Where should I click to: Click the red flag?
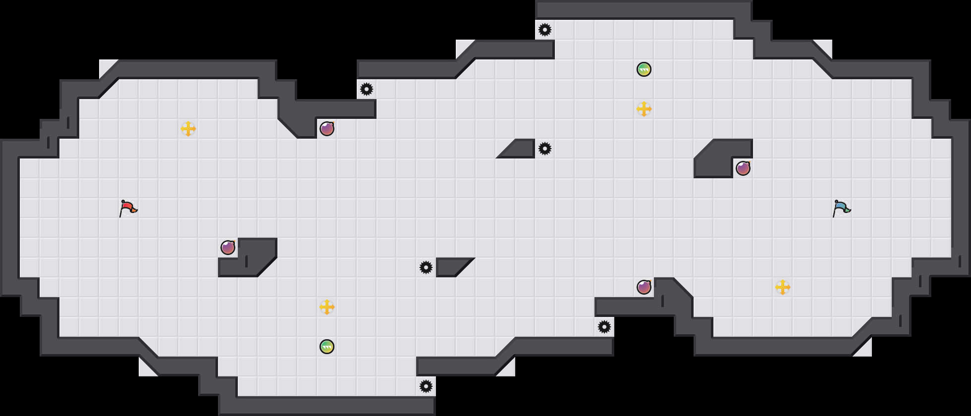tap(128, 208)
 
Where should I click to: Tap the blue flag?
tap(841, 208)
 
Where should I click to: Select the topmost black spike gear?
tap(545, 30)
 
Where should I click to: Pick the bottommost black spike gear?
tap(426, 386)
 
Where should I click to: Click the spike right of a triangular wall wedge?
tap(545, 149)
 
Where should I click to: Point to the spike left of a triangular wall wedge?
tap(426, 267)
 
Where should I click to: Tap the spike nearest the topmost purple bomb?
tap(367, 89)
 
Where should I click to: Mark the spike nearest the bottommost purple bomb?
tap(604, 327)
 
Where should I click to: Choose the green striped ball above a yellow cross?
tap(644, 69)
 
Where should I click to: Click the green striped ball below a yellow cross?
tap(327, 347)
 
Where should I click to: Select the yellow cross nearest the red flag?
tap(188, 129)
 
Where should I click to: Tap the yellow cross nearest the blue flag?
tap(783, 287)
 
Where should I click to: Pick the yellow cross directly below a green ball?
tap(644, 109)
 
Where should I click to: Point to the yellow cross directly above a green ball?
tap(327, 307)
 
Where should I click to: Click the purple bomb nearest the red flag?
tap(228, 248)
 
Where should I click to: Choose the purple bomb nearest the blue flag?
tap(743, 168)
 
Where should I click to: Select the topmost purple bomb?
tap(327, 129)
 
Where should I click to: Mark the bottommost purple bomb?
tap(644, 287)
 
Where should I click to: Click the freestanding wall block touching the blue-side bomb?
tap(716, 161)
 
